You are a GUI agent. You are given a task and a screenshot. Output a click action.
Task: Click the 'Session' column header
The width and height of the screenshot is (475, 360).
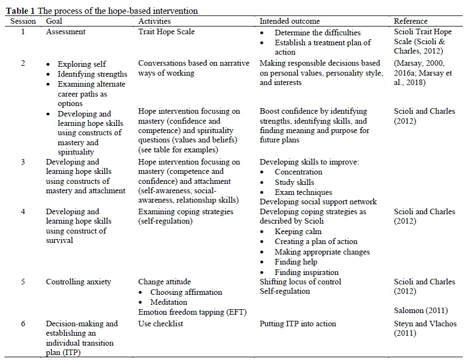tap(23, 21)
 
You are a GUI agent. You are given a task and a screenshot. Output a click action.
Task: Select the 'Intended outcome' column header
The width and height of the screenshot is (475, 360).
tap(290, 21)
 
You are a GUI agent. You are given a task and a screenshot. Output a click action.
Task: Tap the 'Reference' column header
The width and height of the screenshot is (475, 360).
tap(410, 21)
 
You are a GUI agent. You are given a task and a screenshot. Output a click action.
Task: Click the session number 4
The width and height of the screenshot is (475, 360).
tap(23, 211)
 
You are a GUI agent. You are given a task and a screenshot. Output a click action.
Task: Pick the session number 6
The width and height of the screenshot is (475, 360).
tap(23, 324)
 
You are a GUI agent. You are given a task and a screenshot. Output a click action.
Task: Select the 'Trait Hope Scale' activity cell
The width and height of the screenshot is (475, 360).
tap(166, 32)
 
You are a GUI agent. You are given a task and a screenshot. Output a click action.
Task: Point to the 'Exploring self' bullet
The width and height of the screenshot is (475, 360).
tap(82, 64)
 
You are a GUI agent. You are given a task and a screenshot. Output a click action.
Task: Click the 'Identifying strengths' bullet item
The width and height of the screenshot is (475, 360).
tap(92, 74)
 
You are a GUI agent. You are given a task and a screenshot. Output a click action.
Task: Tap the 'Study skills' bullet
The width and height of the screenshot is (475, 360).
tap(294, 182)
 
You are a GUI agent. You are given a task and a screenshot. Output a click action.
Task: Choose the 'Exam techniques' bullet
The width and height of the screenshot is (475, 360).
tap(303, 192)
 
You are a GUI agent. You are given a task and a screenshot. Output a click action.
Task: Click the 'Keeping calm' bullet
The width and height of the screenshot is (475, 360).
tap(298, 231)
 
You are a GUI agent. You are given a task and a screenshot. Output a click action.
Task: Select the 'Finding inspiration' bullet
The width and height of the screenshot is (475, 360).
tap(307, 272)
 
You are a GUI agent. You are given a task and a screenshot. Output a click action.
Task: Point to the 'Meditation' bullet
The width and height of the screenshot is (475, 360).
tap(168, 302)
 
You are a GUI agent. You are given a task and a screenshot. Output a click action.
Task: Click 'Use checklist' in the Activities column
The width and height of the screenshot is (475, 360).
tap(160, 324)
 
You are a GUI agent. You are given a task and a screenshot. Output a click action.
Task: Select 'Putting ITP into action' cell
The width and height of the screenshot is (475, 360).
tap(298, 324)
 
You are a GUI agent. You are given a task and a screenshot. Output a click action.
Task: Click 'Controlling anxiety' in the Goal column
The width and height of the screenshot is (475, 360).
tap(78, 282)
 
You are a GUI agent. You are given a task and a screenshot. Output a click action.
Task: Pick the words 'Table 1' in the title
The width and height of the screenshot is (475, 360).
tap(21, 11)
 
